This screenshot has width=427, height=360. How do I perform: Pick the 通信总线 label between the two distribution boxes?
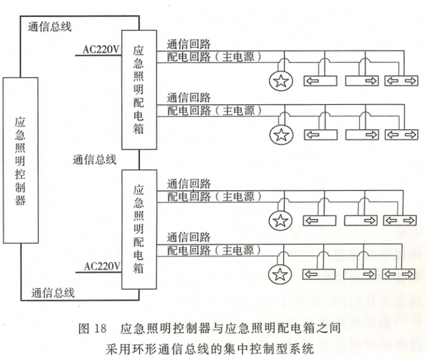tap(95, 160)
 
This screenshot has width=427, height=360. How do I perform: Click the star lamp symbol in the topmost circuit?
tap(280, 82)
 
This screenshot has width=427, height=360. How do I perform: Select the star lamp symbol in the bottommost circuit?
tap(280, 275)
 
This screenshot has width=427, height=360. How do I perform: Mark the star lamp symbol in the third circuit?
tap(280, 221)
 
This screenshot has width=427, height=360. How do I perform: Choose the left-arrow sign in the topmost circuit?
tap(320, 82)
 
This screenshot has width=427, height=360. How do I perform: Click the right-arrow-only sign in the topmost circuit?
tap(362, 82)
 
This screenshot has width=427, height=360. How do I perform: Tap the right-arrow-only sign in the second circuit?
tap(362, 135)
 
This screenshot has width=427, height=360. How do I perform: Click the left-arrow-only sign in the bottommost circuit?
tap(320, 275)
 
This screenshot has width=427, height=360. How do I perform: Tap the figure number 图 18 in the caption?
tap(92, 330)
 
